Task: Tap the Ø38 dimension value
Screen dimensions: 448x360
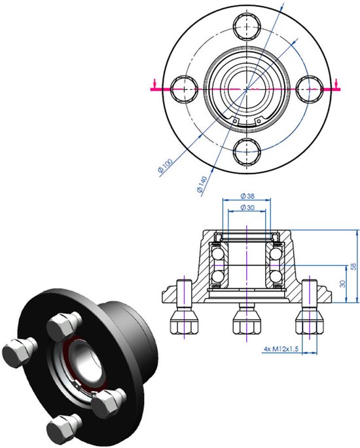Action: pos(247,196)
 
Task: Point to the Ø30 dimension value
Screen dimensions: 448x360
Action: pos(247,208)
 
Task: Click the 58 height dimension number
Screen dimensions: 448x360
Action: pos(354,267)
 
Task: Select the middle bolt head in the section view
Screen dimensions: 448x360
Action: pos(246,320)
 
